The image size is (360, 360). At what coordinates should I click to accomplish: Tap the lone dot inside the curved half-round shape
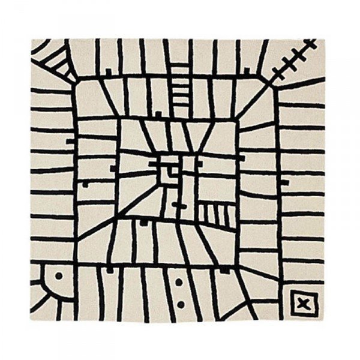coord(58,277)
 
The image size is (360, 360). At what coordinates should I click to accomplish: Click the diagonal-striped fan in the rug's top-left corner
coord(51,57)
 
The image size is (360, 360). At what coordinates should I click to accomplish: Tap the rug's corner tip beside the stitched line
coord(324,38)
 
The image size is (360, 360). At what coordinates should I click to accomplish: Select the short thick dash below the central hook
coord(178,205)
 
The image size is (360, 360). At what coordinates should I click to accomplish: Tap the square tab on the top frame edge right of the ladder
coord(245,72)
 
